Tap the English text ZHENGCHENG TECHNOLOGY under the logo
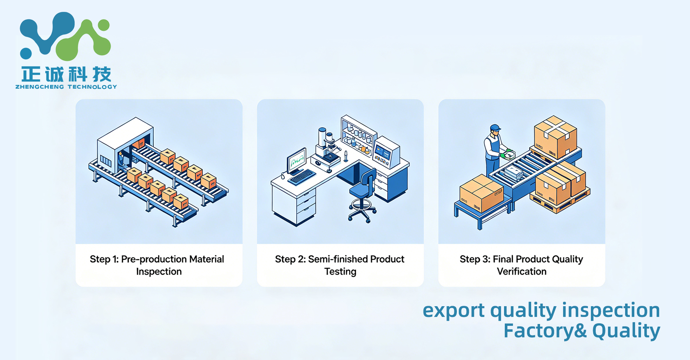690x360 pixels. coord(66,87)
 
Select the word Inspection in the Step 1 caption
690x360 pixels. coord(159,272)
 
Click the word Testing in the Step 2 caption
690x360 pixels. coord(340,272)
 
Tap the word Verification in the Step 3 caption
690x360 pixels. coord(521,272)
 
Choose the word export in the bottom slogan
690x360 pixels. coord(454,310)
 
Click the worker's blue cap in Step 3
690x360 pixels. coord(495,128)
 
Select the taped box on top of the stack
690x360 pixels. coord(555,137)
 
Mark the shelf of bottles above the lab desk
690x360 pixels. coord(359,136)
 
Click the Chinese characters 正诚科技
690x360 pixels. coord(66,74)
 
